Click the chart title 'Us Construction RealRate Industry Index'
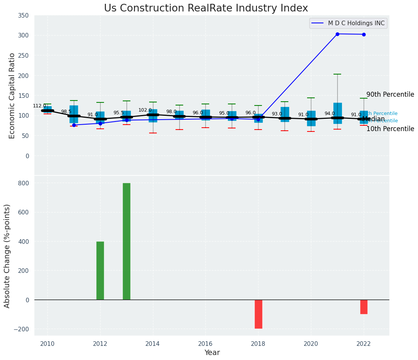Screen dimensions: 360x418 [206, 8]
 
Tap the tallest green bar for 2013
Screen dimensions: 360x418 [127, 241]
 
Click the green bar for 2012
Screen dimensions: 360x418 [100, 271]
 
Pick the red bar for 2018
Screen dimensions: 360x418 [259, 314]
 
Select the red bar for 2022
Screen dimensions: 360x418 [364, 307]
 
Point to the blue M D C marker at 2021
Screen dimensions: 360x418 [337, 34]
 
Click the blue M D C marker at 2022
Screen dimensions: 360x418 [364, 34]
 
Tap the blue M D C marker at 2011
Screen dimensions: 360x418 [74, 125]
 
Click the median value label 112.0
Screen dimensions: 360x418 [39, 106]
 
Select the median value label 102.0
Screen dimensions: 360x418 [145, 110]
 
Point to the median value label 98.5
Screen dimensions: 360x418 [66, 112]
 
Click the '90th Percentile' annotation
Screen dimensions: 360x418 [390, 95]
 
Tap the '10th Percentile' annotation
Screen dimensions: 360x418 [390, 129]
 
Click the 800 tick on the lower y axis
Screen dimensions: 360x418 [24, 183]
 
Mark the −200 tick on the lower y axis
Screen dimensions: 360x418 [22, 329]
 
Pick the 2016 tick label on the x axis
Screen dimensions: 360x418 [205, 344]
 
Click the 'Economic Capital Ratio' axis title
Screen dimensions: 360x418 [12, 96]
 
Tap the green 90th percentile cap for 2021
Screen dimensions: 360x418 [337, 74]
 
